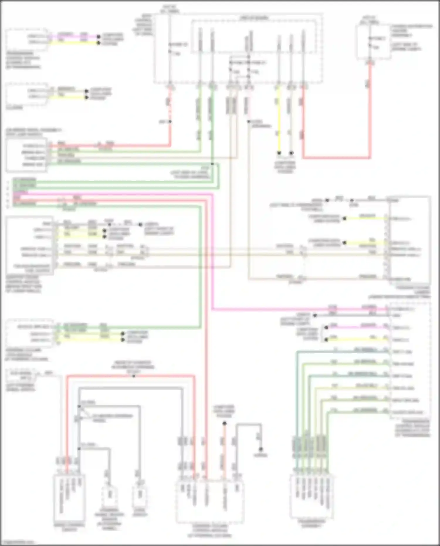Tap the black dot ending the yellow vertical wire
click(x=279, y=153)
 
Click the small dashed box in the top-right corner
click(x=373, y=43)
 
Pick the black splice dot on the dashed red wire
click(x=170, y=121)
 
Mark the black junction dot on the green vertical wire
click(x=212, y=164)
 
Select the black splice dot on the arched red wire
click(x=134, y=376)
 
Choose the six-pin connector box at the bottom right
click(x=312, y=496)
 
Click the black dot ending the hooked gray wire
click(x=260, y=449)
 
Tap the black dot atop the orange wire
click(x=224, y=423)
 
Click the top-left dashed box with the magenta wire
click(x=26, y=40)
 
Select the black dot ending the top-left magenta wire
click(x=99, y=37)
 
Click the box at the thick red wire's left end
click(x=26, y=155)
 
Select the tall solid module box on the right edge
click(x=410, y=240)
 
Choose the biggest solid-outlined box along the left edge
click(x=29, y=246)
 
